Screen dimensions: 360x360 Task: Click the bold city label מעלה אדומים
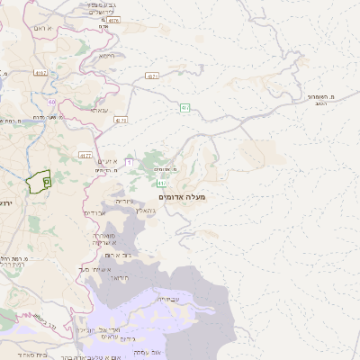[182, 196]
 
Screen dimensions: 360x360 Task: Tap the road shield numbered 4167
[40, 72]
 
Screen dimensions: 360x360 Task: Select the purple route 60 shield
[52, 102]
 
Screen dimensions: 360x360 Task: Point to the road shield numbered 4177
[85, 155]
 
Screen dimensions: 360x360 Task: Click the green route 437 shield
[184, 108]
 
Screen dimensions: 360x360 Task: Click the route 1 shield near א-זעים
[130, 162]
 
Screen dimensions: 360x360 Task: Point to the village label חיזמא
[106, 56]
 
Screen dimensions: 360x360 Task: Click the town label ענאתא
[99, 110]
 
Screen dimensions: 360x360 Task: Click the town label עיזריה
[125, 201]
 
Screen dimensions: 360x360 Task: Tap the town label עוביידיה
[168, 298]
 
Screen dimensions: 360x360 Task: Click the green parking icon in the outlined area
[46, 181]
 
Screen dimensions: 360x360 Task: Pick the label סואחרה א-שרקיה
[103, 239]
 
